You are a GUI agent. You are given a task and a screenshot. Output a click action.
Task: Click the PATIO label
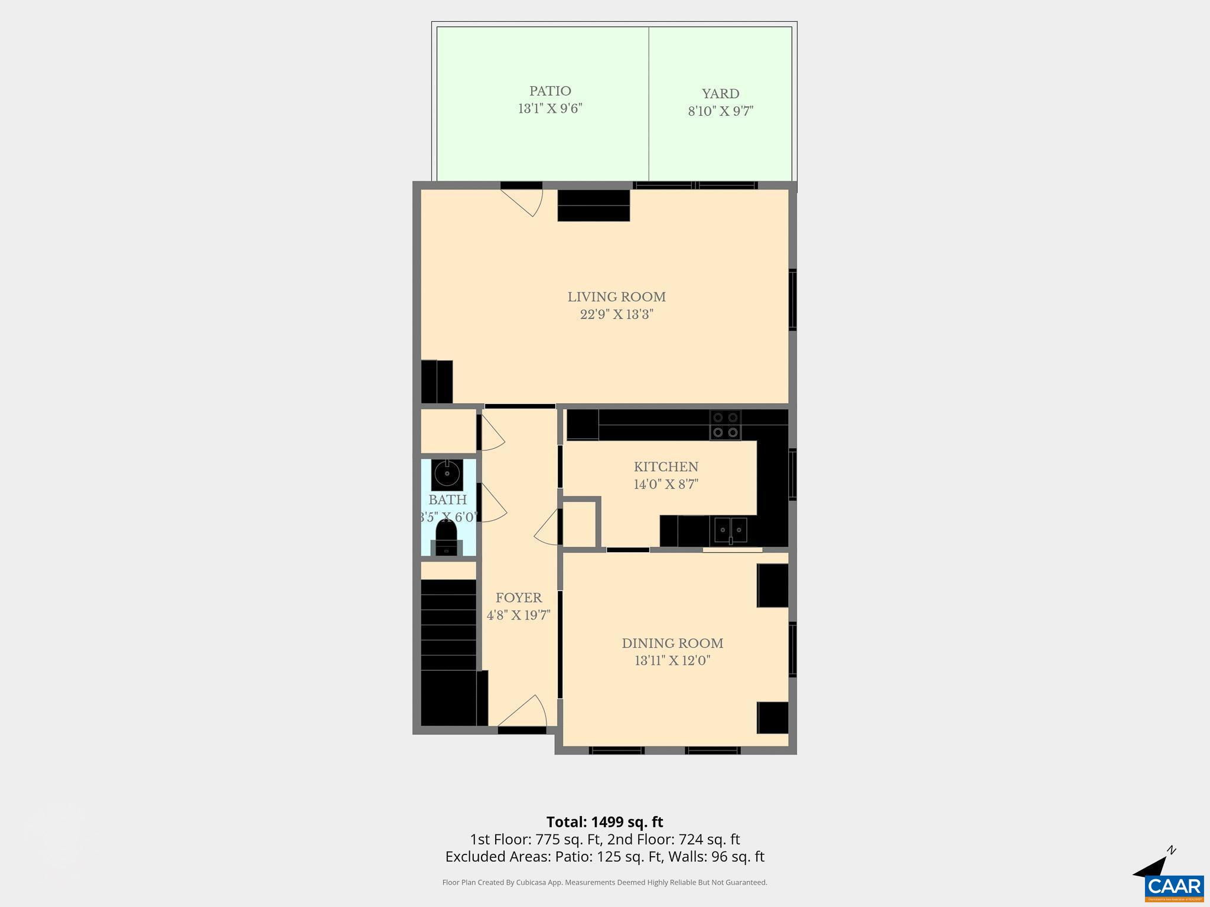[550, 92]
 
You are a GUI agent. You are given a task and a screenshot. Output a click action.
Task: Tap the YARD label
[720, 94]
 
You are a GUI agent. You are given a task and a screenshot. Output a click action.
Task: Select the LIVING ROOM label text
[616, 297]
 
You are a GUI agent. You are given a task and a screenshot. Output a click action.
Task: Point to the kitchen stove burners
[725, 425]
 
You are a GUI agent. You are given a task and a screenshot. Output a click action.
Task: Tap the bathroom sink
[447, 474]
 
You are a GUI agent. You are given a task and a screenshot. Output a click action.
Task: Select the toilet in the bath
[447, 539]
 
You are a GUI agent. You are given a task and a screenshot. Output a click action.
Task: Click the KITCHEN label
[666, 467]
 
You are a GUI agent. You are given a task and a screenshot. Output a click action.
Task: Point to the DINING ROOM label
[672, 643]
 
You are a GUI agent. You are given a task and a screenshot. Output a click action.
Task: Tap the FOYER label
[519, 598]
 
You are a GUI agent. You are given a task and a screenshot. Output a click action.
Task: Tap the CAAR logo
[1174, 886]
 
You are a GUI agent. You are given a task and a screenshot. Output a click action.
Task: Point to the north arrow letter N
[1172, 851]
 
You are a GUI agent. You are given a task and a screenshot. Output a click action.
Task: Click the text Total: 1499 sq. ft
[604, 822]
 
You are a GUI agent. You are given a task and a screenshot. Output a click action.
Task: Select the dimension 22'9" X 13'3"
[616, 314]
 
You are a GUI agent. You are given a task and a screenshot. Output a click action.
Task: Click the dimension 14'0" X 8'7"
[666, 484]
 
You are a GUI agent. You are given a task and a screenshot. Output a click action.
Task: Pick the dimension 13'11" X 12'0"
[672, 660]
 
